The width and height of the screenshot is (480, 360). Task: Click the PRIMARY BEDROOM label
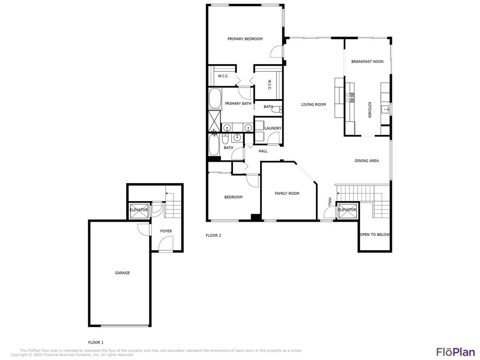tap(245, 39)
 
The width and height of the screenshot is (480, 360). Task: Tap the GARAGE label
tap(122, 273)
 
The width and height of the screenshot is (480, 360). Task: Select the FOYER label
tap(166, 231)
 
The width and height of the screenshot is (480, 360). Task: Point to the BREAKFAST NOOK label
tap(367, 61)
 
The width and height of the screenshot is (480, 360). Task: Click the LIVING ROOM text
tap(313, 105)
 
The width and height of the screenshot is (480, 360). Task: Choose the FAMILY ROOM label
tap(287, 193)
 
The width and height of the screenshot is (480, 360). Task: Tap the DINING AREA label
tap(367, 161)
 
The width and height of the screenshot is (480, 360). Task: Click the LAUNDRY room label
tap(273, 128)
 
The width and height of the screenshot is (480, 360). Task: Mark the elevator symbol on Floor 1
tap(139, 211)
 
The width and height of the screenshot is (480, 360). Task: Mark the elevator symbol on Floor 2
tap(347, 211)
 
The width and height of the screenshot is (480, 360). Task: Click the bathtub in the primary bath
tap(215, 98)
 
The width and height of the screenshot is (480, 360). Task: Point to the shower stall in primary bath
tap(215, 120)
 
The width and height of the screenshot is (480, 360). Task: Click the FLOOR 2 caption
tap(213, 235)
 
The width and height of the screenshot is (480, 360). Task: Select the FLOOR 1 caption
tap(96, 343)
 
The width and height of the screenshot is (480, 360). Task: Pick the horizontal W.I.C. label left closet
tap(223, 76)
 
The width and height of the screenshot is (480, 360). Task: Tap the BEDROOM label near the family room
tap(233, 197)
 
